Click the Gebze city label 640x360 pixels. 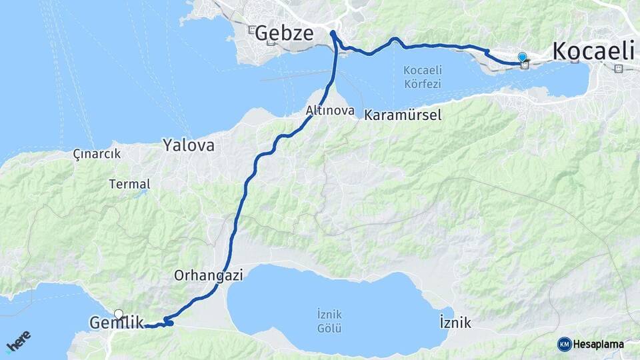284,33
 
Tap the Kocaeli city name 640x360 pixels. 591,51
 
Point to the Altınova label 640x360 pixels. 330,111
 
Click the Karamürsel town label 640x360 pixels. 403,115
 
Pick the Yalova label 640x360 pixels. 189,145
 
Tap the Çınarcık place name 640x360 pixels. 97,153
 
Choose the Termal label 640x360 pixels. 130,184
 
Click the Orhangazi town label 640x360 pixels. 207,274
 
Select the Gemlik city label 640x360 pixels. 116,323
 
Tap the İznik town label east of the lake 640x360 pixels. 455,323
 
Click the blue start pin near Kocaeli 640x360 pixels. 522,58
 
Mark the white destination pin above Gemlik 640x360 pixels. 119,313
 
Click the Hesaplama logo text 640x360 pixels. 598,344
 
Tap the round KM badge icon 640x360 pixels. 564,344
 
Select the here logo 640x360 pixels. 19,341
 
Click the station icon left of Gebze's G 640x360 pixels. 251,30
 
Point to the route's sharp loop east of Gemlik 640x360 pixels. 169,323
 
